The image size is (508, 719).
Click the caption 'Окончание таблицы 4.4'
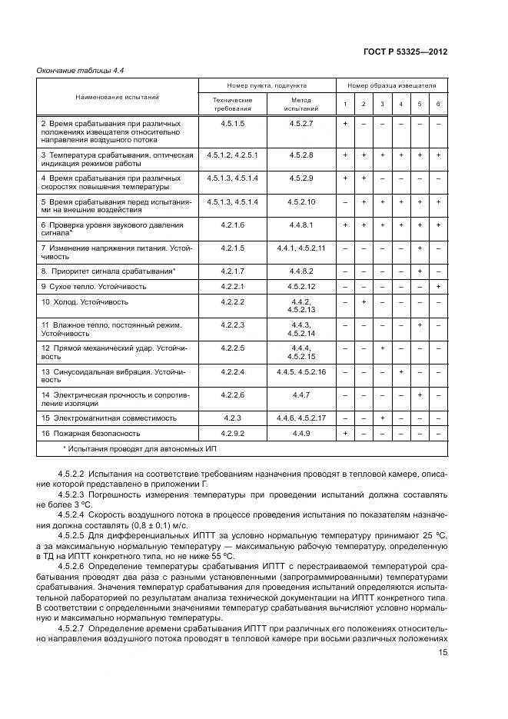(x=81, y=71)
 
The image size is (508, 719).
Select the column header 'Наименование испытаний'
(x=117, y=98)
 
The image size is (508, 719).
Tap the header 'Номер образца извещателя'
(x=391, y=86)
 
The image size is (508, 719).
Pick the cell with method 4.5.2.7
(x=301, y=123)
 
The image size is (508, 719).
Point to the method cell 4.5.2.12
(x=301, y=286)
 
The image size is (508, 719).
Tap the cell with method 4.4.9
(x=301, y=434)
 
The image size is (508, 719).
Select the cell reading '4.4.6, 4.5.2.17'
(x=301, y=418)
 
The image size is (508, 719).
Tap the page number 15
(x=443, y=652)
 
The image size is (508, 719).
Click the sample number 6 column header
(x=438, y=105)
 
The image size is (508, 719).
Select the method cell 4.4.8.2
(x=301, y=271)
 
